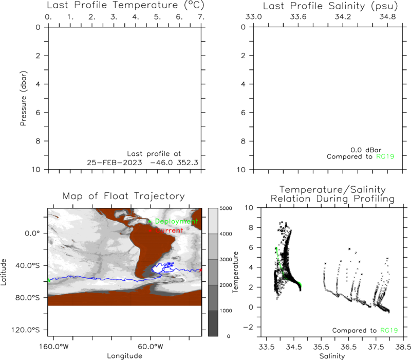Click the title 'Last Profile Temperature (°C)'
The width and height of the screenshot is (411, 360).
point(125,5)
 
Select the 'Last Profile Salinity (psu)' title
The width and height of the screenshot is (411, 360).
point(330,6)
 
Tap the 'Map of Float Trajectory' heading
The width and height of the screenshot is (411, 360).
point(123,196)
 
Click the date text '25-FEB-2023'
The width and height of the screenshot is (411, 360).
point(114,163)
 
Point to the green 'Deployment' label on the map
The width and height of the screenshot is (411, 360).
point(176,222)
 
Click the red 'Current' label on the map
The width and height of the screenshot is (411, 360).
point(169,230)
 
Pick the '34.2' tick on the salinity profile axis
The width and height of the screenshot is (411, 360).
point(343,17)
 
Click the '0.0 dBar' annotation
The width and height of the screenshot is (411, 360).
point(366,150)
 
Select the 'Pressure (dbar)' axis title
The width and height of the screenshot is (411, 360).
point(23,98)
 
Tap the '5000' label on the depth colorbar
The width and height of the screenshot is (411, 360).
point(226,208)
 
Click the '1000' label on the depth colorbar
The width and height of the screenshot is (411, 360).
point(226,311)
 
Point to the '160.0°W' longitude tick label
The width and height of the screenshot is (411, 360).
point(54,347)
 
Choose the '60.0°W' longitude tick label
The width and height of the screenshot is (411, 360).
point(151,347)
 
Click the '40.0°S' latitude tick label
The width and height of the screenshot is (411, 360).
point(27,265)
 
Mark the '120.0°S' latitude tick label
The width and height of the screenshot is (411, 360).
point(25,330)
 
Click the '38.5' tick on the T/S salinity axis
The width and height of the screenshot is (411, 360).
point(403,347)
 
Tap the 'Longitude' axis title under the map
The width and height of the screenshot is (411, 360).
point(124,356)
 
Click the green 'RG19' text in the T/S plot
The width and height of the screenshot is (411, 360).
point(389,330)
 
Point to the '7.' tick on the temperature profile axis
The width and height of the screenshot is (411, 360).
point(201,17)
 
